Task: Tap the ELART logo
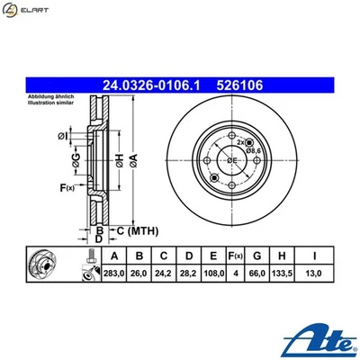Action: [x=27, y=11]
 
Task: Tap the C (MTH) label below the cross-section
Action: [x=133, y=231]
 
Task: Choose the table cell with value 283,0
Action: [x=112, y=273]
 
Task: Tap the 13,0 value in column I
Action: [x=314, y=273]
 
